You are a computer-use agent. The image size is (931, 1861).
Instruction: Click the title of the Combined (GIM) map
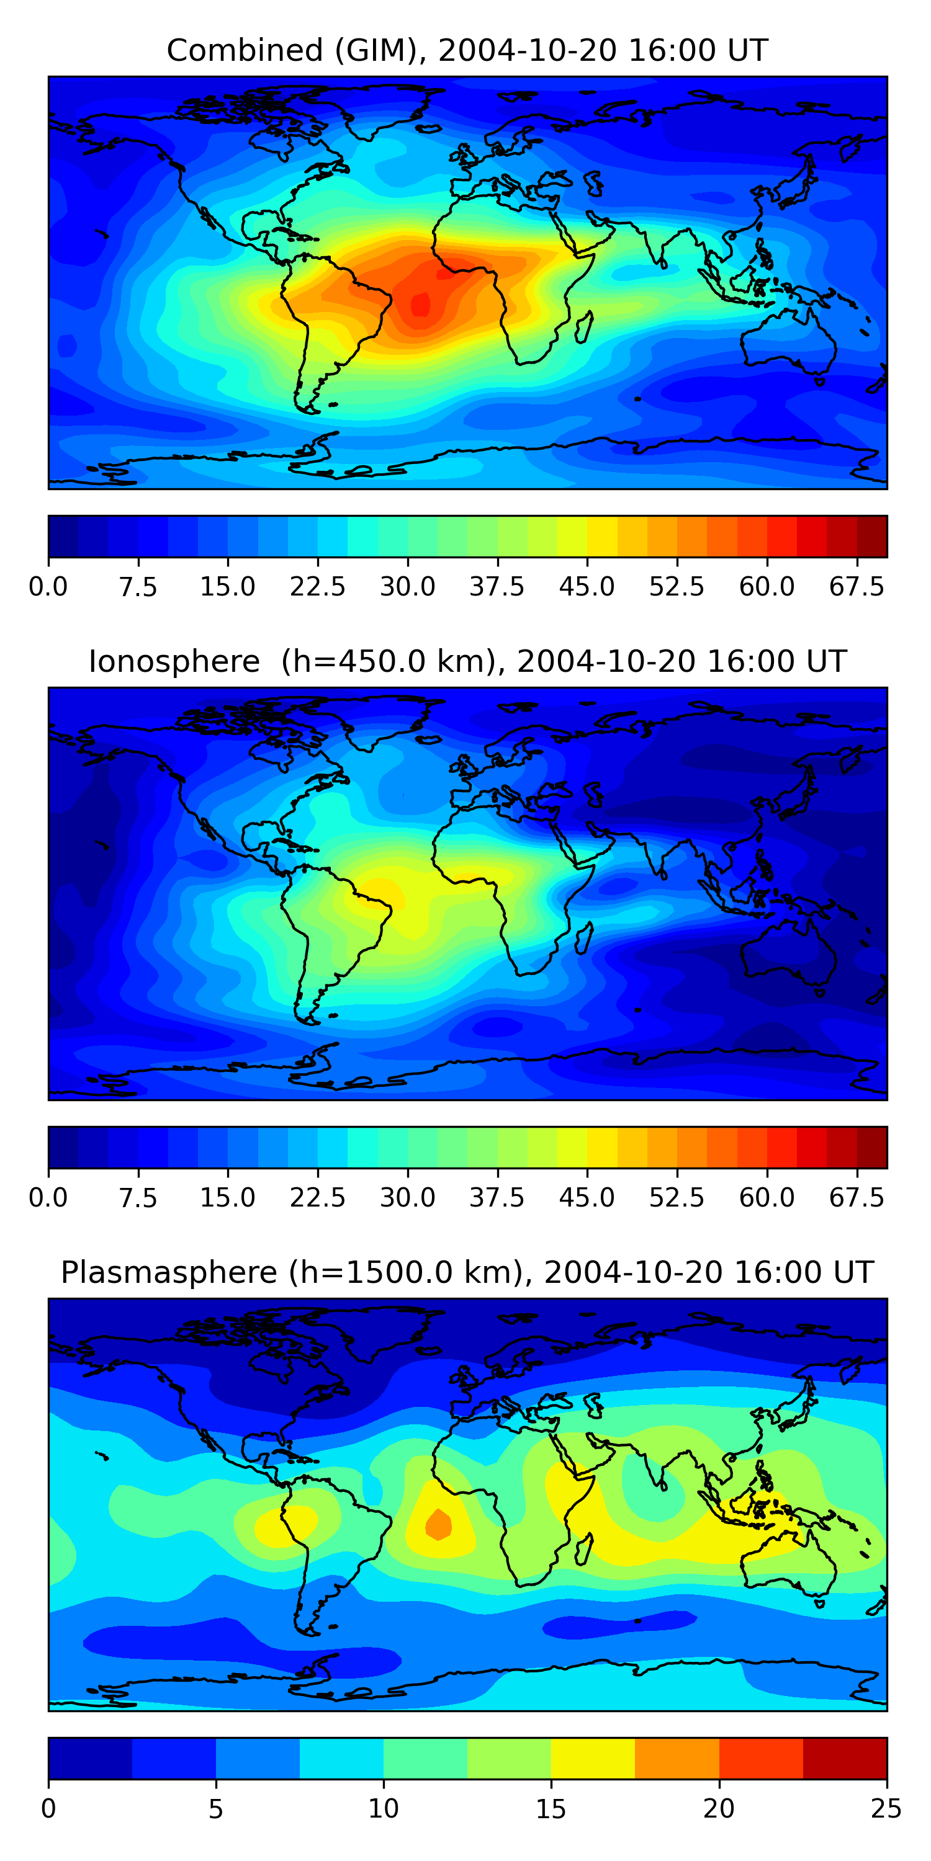pos(467,51)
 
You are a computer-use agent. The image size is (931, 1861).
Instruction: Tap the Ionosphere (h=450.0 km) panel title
pos(467,662)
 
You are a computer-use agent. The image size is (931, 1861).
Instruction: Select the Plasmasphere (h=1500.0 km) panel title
pos(467,1272)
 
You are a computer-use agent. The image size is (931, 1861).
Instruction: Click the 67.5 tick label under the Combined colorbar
pos(857,587)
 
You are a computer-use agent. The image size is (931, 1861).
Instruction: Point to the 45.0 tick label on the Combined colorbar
pos(587,587)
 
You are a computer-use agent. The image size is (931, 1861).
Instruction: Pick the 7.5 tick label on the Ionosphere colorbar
pos(138,1198)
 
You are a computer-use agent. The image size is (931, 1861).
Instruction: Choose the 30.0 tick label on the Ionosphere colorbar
pos(408,1198)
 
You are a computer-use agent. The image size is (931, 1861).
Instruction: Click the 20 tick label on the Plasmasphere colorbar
pos(719,1808)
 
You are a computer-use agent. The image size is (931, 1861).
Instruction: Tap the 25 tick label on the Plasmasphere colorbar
pos(886,1808)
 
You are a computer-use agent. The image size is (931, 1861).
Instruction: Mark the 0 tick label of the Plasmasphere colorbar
pos(48,1808)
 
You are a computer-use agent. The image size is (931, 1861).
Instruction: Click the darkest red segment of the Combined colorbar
pos(872,536)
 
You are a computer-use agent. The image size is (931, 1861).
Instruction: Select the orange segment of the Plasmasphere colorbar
pos(677,1757)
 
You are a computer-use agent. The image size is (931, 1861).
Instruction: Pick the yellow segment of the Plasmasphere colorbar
pos(593,1757)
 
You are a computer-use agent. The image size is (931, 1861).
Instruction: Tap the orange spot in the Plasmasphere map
pos(439,1524)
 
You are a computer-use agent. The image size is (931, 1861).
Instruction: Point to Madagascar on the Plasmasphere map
pos(585,1548)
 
